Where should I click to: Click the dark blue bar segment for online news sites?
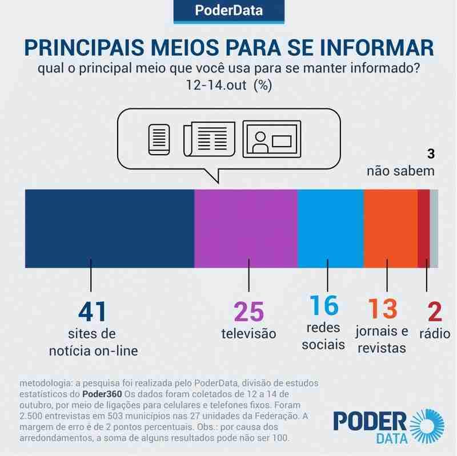110,228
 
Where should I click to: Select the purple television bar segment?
246,228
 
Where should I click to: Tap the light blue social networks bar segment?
331,228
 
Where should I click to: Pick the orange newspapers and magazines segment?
391,228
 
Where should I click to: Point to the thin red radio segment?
423,228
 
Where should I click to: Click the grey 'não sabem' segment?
434,228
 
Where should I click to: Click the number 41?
91,313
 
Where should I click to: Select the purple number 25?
248,313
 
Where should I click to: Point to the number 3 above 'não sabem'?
431,154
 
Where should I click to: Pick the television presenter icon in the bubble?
271,139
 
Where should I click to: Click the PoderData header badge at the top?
228,11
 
